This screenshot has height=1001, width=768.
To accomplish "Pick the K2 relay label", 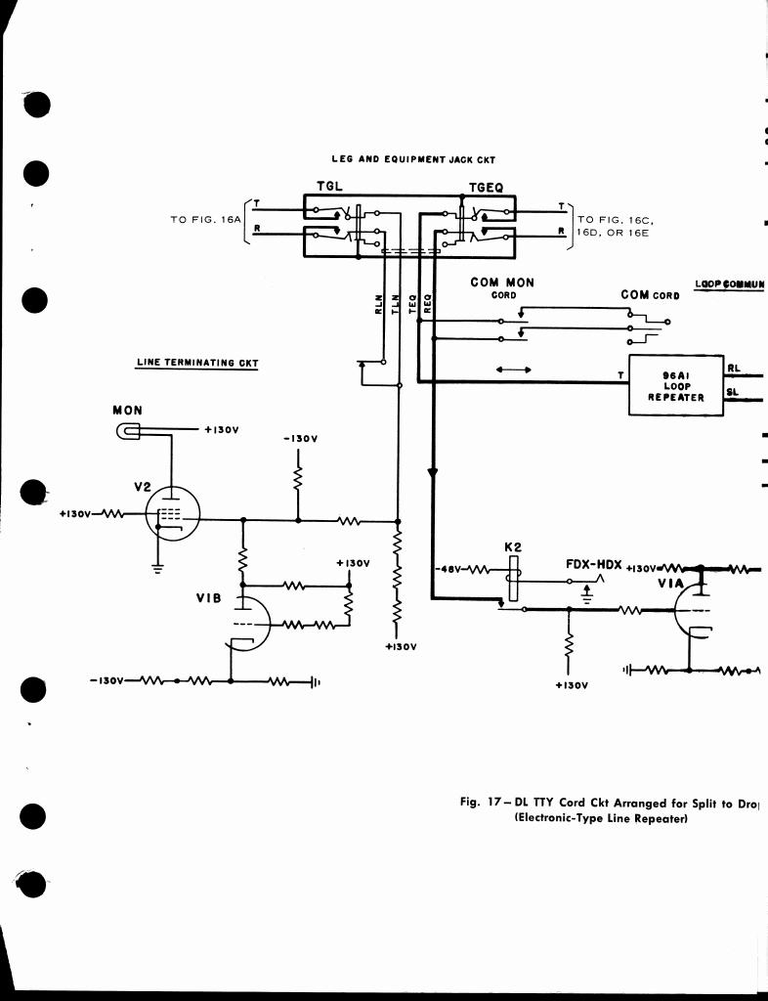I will click(512, 547).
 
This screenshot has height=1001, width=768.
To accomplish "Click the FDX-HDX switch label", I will click(594, 565).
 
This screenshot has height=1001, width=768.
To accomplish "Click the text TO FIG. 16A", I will click(204, 220).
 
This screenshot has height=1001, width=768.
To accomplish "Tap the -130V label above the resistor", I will click(298, 441).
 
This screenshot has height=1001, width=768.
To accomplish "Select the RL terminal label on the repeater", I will click(734, 369).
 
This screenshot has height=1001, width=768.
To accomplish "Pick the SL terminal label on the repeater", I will click(734, 393).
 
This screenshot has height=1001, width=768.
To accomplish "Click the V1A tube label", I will click(670, 584).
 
